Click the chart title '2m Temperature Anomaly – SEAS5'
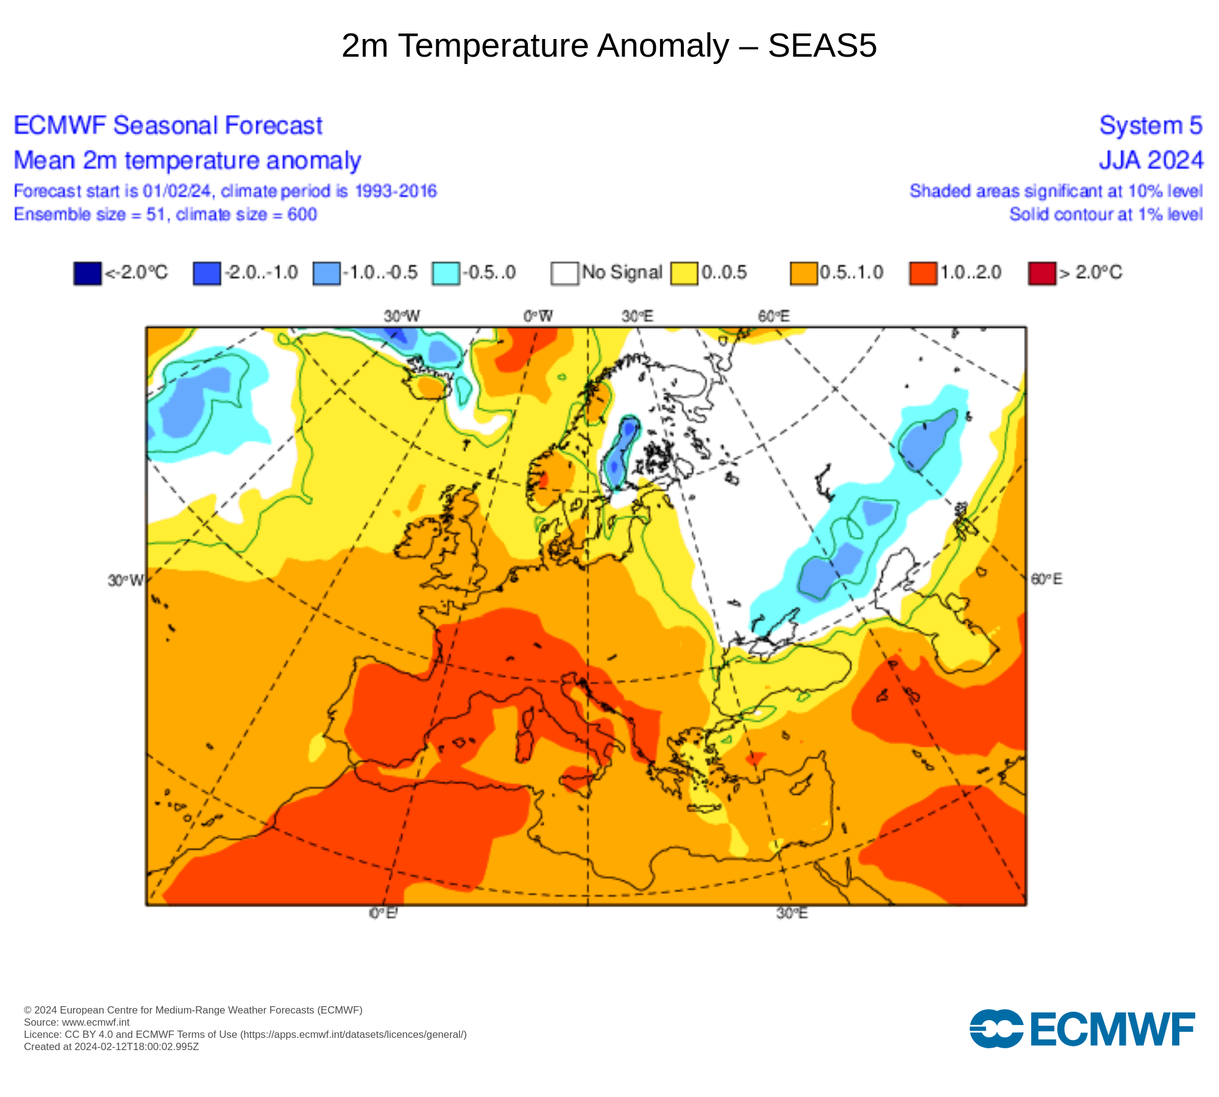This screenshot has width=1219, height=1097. pyautogui.click(x=609, y=46)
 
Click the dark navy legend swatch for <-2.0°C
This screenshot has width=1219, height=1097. pyautogui.click(x=87, y=272)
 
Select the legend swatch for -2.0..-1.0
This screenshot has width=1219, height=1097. pyautogui.click(x=207, y=272)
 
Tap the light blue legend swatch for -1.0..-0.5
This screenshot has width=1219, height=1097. pyautogui.click(x=326, y=272)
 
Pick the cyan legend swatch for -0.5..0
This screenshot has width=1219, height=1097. pyautogui.click(x=446, y=272)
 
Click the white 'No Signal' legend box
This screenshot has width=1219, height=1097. pyautogui.click(x=564, y=272)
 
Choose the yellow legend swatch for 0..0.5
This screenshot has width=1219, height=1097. pyautogui.click(x=684, y=272)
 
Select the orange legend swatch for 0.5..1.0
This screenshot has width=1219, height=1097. pyautogui.click(x=803, y=272)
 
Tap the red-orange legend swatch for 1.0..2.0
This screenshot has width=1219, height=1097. pyautogui.click(x=923, y=272)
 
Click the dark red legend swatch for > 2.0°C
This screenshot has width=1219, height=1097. pyautogui.click(x=1042, y=272)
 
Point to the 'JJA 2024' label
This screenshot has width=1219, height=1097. pyautogui.click(x=1151, y=160)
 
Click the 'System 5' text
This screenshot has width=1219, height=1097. pyautogui.click(x=1151, y=126)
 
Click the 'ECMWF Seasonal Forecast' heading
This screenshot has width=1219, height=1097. pyautogui.click(x=168, y=126)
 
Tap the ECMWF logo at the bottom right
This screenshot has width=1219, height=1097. pyautogui.click(x=1082, y=1029)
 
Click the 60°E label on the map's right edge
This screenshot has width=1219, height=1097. pyautogui.click(x=1046, y=579)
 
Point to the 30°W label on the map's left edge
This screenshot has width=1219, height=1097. pyautogui.click(x=126, y=580)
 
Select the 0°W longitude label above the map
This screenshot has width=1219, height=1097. pyautogui.click(x=538, y=316)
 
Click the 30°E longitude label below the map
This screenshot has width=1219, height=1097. pyautogui.click(x=792, y=913)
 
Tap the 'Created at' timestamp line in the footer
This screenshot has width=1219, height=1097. pyautogui.click(x=112, y=1047)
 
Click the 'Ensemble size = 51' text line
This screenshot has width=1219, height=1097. pyautogui.click(x=165, y=215)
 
